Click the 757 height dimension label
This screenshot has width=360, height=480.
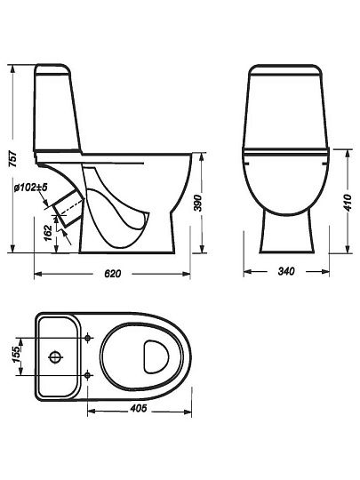coord(12,158)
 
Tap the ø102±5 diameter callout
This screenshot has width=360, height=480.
coord(31,188)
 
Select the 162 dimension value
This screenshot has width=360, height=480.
coord(48,233)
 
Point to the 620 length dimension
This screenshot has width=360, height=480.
coord(113,274)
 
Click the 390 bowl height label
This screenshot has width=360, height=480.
coord(199,203)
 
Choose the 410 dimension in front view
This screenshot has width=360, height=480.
coord(348,203)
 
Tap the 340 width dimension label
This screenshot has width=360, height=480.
coord(286,271)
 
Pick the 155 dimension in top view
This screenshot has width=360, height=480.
coord(18,355)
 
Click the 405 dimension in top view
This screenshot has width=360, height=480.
coord(139,408)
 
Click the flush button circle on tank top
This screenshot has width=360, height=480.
coord(56,356)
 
